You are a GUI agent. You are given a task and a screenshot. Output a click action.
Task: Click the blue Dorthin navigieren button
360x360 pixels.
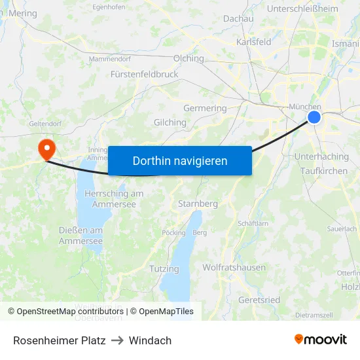(x=180, y=160)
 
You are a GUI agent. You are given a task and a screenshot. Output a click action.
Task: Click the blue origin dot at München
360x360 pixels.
(x=314, y=117)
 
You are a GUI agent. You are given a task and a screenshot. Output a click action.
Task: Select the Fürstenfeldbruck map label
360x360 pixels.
(x=144, y=74)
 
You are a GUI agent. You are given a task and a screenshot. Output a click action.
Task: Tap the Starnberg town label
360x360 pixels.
(x=198, y=204)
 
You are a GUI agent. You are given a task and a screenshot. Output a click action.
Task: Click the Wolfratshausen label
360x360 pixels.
(x=234, y=267)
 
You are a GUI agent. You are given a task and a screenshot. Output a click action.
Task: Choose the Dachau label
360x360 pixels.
(x=238, y=19)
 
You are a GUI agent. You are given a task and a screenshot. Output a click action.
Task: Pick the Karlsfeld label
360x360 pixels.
(x=253, y=42)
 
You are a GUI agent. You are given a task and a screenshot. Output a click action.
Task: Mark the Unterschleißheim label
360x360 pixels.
(x=302, y=9)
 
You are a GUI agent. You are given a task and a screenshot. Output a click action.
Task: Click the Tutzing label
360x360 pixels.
(x=164, y=268)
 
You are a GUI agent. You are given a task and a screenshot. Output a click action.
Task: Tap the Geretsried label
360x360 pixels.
(x=260, y=300)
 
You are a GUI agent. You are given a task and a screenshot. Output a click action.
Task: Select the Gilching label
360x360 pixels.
(x=170, y=122)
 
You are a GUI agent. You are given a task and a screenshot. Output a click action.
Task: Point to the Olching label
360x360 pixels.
(x=189, y=58)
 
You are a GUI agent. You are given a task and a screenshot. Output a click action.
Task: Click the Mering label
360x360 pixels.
(x=23, y=12)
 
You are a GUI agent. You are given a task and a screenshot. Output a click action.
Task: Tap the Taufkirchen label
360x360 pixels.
(x=324, y=171)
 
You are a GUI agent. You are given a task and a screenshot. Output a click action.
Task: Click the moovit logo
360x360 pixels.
(x=320, y=340)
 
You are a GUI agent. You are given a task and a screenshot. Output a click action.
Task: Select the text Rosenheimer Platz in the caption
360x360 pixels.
(x=59, y=340)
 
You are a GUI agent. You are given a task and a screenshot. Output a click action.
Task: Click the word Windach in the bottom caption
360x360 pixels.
(x=150, y=340)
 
